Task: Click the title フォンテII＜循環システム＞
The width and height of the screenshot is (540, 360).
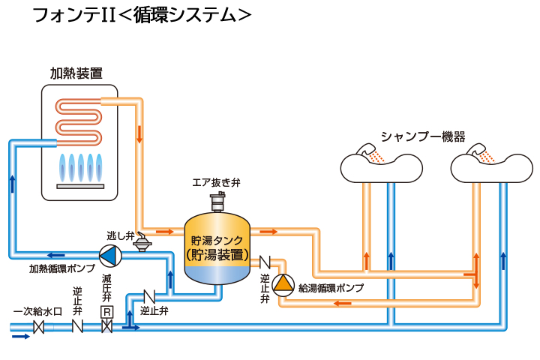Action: click(142, 16)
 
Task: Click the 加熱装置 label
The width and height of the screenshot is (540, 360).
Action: click(76, 73)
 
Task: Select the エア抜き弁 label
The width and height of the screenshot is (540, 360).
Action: click(216, 181)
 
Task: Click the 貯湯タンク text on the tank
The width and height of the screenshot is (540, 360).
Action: click(217, 241)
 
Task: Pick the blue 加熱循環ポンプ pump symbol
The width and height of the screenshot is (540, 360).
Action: click(109, 255)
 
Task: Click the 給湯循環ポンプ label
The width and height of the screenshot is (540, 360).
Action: click(331, 288)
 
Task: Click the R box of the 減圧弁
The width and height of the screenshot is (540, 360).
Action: click(106, 311)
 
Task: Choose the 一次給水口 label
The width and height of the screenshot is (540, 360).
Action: click(33, 311)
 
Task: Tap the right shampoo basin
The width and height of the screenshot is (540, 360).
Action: click(492, 165)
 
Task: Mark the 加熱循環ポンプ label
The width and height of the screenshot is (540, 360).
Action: click(62, 268)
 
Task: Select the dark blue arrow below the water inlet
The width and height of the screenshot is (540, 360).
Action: click(21, 337)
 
